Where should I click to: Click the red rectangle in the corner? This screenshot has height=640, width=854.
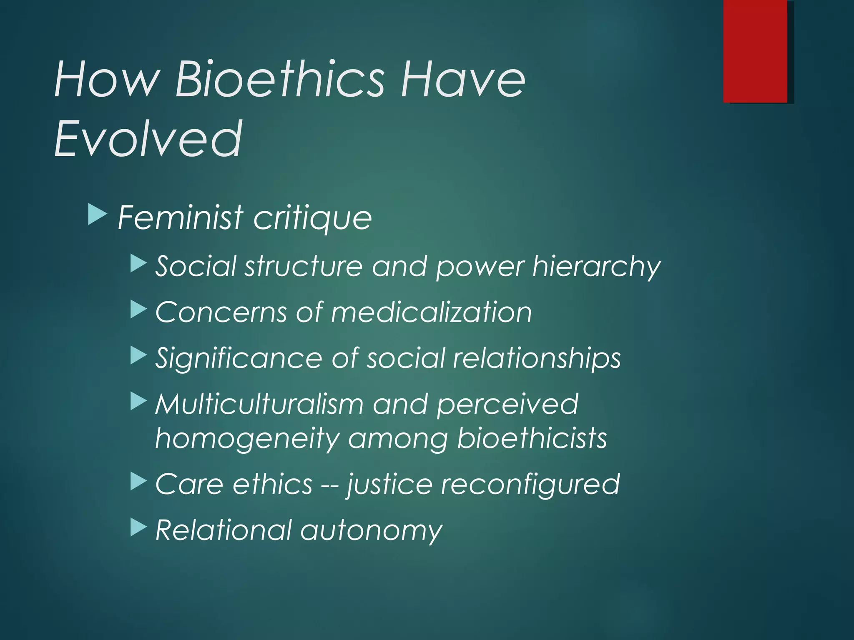click(755, 51)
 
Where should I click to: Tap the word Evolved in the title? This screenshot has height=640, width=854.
click(148, 138)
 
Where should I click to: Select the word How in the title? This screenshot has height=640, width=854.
click(107, 79)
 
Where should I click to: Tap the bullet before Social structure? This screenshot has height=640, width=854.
click(138, 264)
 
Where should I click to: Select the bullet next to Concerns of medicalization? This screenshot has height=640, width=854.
click(138, 310)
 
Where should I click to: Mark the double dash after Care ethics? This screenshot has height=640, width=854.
click(329, 485)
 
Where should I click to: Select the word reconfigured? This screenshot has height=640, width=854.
click(530, 485)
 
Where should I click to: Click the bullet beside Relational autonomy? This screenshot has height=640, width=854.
click(138, 527)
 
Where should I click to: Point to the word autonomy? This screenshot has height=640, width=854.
click(371, 531)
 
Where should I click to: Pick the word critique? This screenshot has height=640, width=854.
click(312, 218)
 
